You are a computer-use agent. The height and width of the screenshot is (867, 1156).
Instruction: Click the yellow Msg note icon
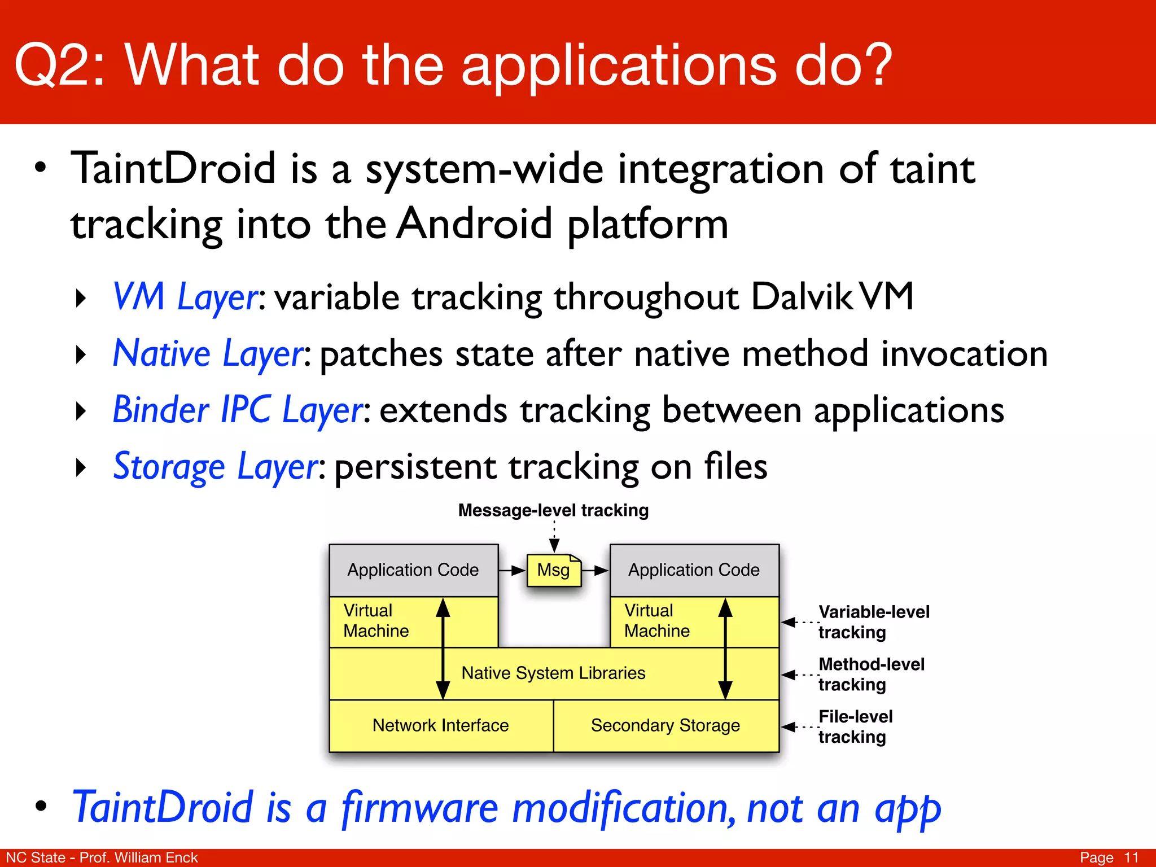pos(554,570)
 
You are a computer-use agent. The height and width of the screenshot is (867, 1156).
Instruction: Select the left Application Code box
pos(413,570)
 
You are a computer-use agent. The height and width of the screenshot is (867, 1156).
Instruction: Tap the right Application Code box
pos(694,570)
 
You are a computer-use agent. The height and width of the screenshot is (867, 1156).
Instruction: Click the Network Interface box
pos(440,725)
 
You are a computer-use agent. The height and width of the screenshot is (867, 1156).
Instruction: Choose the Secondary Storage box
pos(665,725)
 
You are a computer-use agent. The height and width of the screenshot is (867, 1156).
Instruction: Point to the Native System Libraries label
pos(553,673)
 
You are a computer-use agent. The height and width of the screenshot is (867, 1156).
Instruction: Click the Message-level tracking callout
pos(553,510)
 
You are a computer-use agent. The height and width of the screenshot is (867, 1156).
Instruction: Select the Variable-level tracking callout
pos(873,622)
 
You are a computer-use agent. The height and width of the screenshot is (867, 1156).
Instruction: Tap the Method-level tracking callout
pos(871,675)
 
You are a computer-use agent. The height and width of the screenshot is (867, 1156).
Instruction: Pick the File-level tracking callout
pos(855,726)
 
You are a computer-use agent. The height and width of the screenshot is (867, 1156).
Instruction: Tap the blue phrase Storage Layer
pos(216,467)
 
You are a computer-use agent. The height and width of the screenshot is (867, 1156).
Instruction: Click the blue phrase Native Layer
pos(208,354)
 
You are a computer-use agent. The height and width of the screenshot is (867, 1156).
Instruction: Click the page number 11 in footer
pos(1131,857)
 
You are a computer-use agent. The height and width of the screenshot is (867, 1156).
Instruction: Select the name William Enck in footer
pos(156,857)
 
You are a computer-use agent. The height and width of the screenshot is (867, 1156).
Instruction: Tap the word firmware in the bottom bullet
pos(420,808)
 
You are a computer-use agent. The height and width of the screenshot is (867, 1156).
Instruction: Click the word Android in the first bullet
pos(475,224)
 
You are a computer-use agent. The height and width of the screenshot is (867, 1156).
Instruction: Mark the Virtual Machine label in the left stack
pos(375,621)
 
